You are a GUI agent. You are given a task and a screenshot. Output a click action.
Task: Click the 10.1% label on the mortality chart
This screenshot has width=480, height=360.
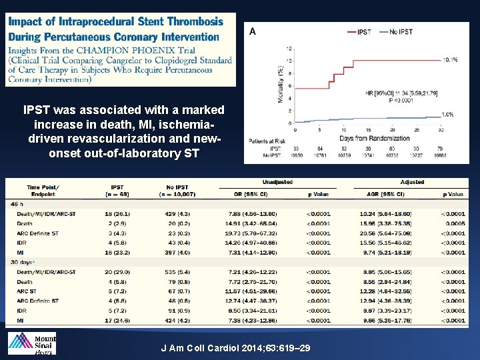pos(449,60)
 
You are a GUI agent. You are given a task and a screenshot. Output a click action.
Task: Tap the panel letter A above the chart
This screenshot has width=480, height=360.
pos(253,31)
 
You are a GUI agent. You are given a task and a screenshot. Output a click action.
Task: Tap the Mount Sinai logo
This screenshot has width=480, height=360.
pos(32,343)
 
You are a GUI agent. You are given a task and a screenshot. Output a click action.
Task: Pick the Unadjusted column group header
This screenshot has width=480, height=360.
pos(277,182)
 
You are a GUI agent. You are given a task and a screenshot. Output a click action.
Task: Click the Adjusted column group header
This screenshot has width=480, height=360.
pos(411,182)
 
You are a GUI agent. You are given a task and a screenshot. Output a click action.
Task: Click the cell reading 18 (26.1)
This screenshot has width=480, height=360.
pos(117,213)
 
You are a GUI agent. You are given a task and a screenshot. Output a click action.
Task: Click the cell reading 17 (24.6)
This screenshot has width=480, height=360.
pos(117,321)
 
